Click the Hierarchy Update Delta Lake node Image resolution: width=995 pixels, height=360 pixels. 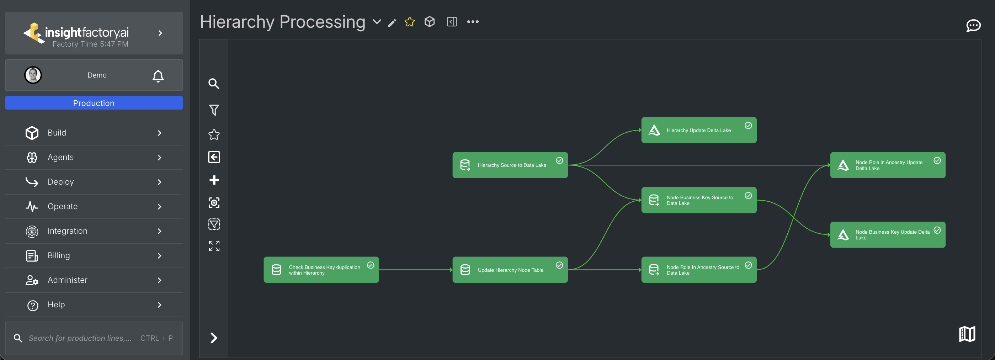click(x=698, y=130)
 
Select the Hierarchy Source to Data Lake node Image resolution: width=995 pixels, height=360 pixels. click(x=510, y=165)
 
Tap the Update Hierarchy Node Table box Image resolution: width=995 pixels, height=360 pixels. click(x=510, y=270)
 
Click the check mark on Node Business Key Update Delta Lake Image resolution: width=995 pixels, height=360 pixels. click(x=937, y=230)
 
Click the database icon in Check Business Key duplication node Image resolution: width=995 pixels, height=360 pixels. click(x=276, y=270)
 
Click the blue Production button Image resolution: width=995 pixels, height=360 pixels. click(x=94, y=103)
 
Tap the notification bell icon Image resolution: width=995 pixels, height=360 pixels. click(x=158, y=76)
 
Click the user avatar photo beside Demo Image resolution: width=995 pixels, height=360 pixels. click(x=33, y=75)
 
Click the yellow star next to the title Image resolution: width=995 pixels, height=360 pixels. click(x=409, y=22)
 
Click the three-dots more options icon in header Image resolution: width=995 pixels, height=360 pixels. click(x=472, y=22)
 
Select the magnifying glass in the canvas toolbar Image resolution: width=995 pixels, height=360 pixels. click(x=214, y=84)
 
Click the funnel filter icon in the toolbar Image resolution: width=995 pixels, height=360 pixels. click(x=214, y=110)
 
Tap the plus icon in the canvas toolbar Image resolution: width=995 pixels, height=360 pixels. click(x=214, y=180)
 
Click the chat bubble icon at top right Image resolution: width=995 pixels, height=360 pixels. click(x=973, y=26)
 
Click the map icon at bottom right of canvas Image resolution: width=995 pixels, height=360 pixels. click(x=967, y=334)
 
